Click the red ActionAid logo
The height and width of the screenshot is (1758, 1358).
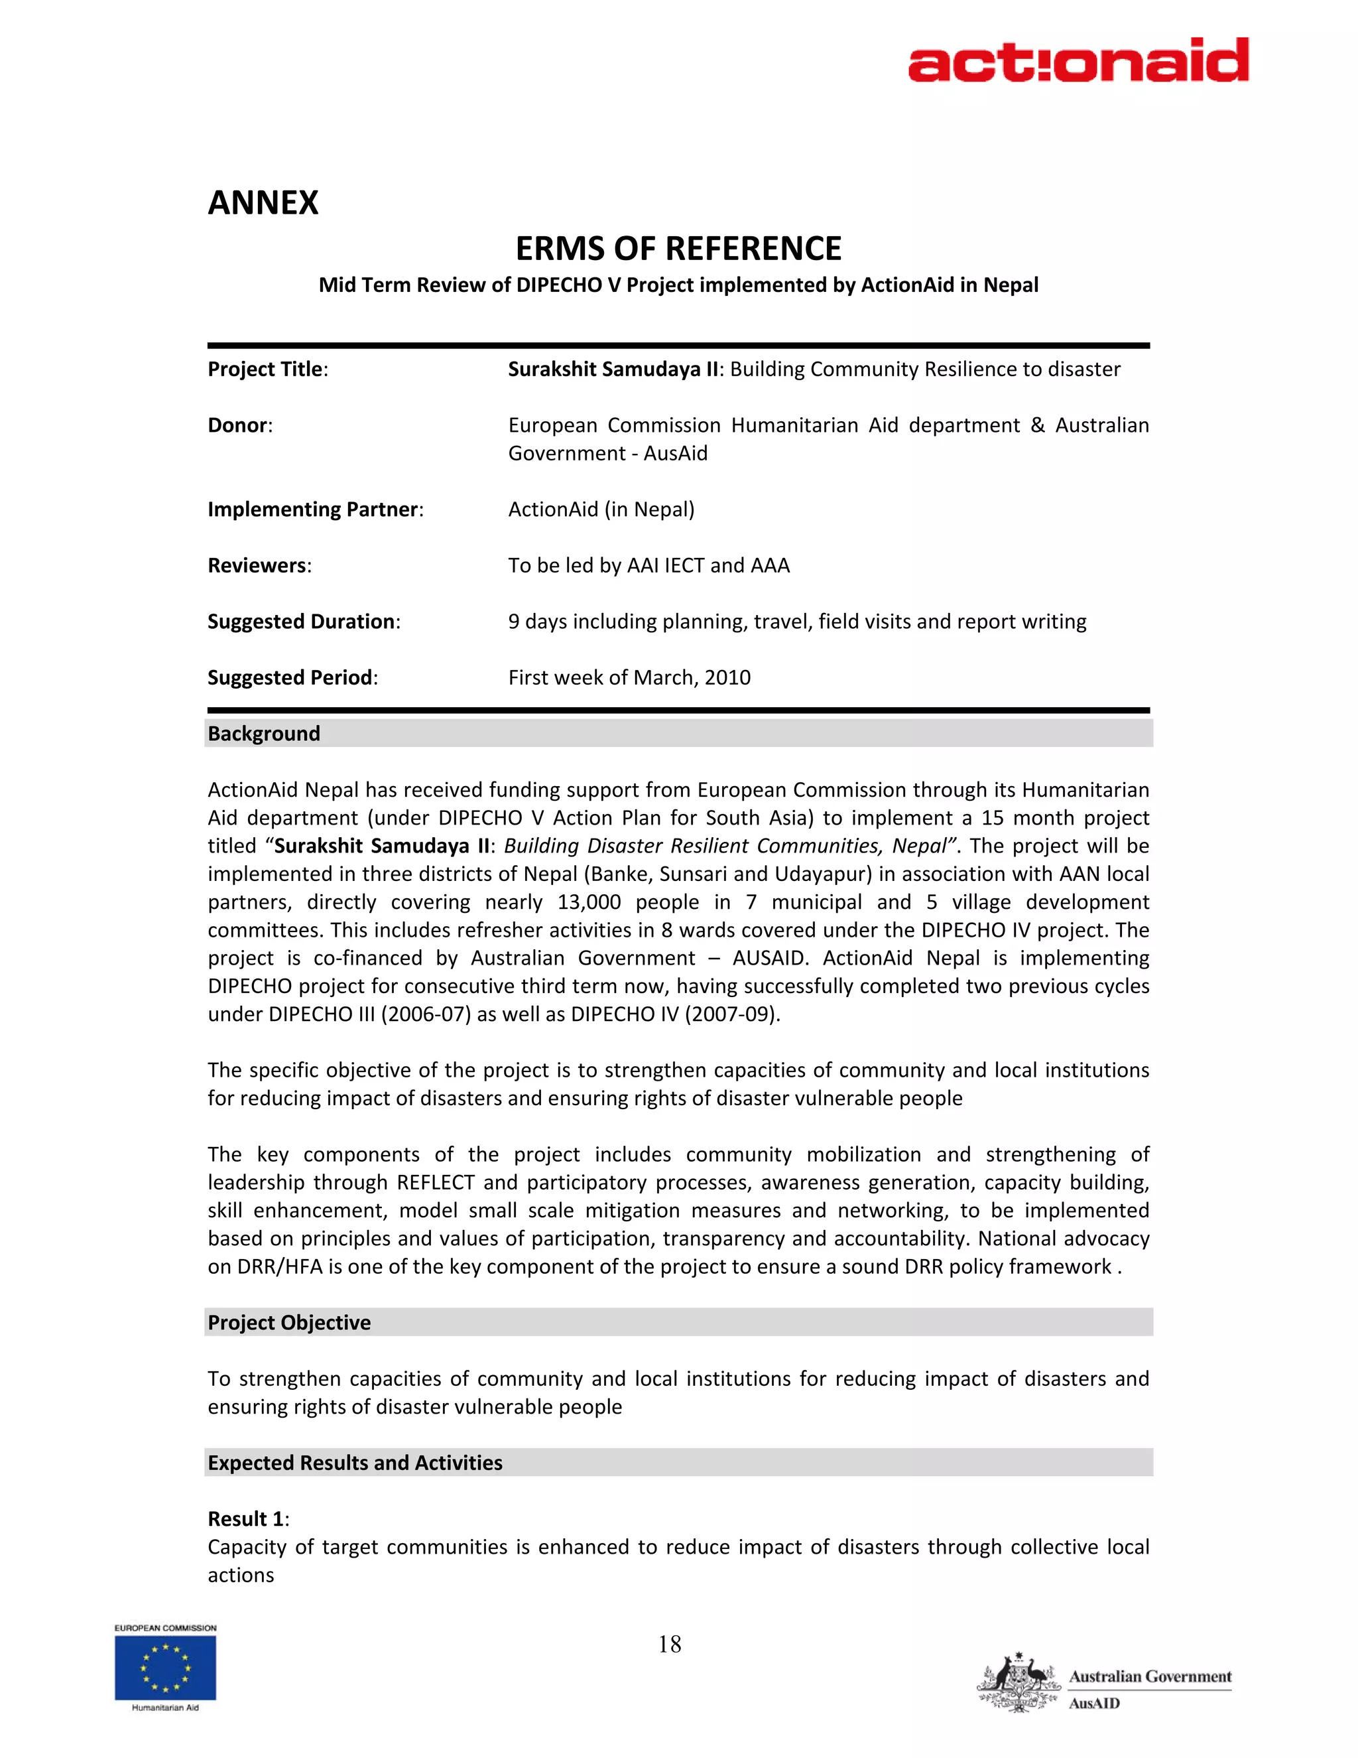coord(1078,60)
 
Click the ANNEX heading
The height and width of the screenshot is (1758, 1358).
coord(263,203)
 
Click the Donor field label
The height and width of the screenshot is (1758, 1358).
coord(239,425)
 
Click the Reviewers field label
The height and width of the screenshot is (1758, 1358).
coord(258,566)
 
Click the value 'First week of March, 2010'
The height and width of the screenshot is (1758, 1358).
coord(629,678)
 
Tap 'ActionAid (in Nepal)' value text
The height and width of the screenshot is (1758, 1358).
coord(601,509)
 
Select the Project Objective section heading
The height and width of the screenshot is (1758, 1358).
coord(289,1323)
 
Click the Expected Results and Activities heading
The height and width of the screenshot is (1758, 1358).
coord(355,1463)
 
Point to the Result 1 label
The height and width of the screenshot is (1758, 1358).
coord(246,1519)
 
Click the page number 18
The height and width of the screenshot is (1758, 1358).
coord(669,1644)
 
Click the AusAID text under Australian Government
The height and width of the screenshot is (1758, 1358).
coord(1094,1703)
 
